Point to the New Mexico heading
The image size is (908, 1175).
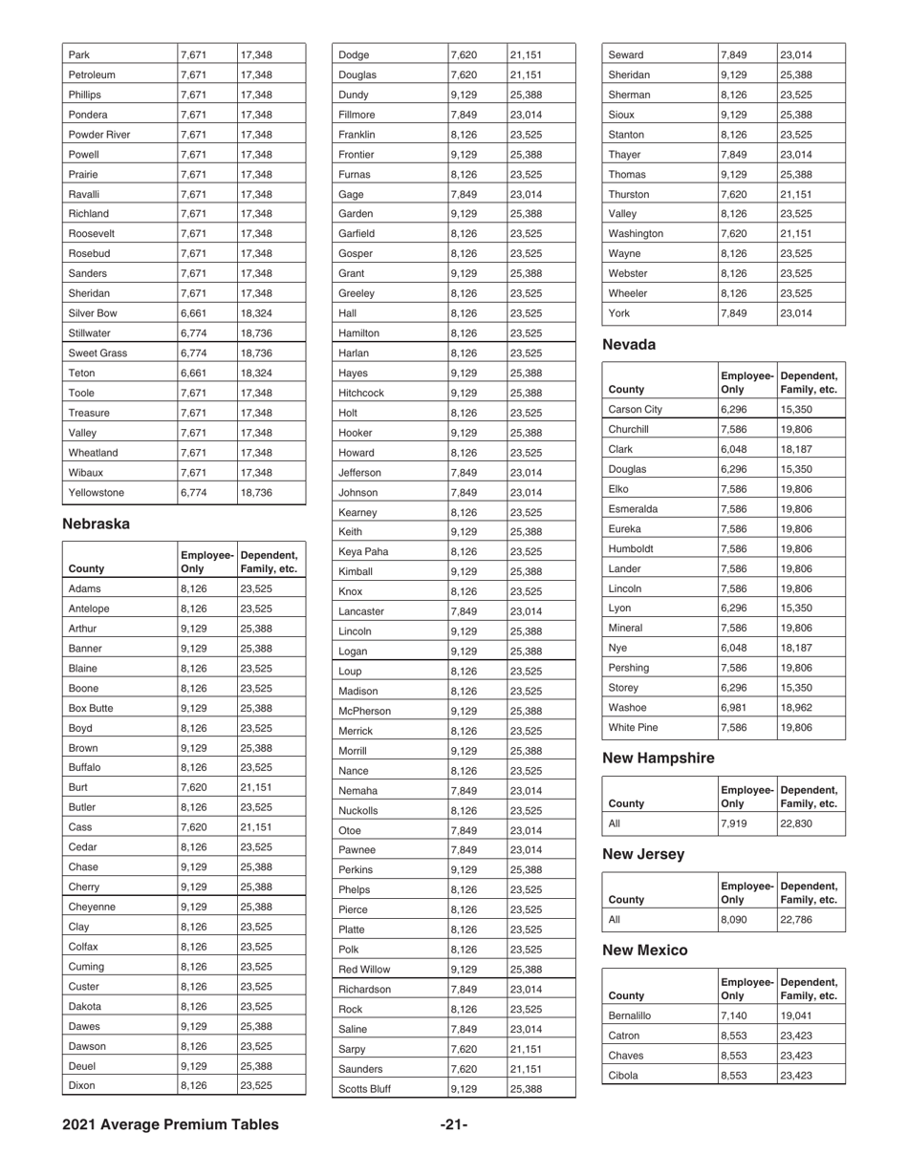click(644, 950)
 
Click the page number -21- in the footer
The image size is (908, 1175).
click(454, 1124)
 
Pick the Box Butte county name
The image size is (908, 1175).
click(92, 710)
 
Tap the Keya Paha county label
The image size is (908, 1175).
click(364, 550)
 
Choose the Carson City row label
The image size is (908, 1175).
click(635, 409)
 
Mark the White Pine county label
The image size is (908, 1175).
click(634, 727)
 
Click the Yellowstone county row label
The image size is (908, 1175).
click(97, 493)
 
